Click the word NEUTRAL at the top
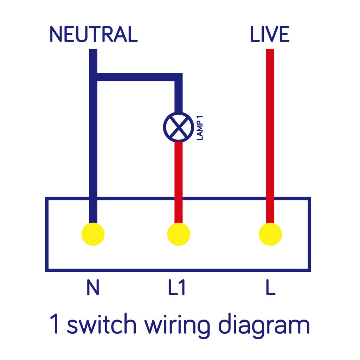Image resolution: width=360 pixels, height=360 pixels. coord(93,34)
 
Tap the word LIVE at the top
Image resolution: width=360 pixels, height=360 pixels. coord(270,34)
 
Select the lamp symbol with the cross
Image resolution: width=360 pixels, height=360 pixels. coord(179,127)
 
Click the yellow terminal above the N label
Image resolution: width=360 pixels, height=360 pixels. coord(93,234)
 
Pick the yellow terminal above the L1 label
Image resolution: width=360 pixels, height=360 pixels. coord(179,234)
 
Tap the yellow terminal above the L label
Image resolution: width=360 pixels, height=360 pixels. coord(270,234)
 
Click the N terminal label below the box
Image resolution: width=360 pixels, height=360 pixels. coord(93,287)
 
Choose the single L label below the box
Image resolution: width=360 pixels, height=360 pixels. coord(270,287)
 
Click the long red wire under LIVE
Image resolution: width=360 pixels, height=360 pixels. coord(270,134)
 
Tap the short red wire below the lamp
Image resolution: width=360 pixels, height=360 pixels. coord(179,179)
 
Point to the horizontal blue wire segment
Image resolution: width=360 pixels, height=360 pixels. coord(137,77)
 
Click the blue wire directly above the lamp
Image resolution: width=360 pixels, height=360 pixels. coord(179,97)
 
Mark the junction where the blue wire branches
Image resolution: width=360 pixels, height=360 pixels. coord(94,77)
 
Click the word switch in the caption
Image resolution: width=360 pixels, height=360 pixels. coord(101,325)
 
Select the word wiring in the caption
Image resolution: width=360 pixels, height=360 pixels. coord(178,325)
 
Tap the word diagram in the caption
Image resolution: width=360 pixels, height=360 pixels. coord(263,325)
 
